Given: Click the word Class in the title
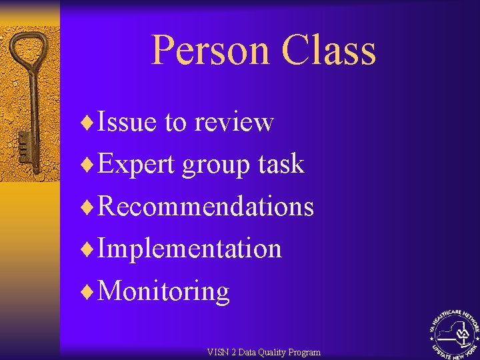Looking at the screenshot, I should pos(329,51).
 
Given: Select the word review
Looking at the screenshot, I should pos(234,123).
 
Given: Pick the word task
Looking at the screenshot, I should pos(282,164).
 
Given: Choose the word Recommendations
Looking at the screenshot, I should pos(205,207).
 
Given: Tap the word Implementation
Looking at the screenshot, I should pos(189,249).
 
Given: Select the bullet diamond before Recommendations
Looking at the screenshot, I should pos(84,207).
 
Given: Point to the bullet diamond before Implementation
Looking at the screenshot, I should pos(84,249).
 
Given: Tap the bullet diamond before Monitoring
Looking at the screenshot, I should pos(84,291).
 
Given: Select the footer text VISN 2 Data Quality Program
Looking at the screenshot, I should pos(264,352).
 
